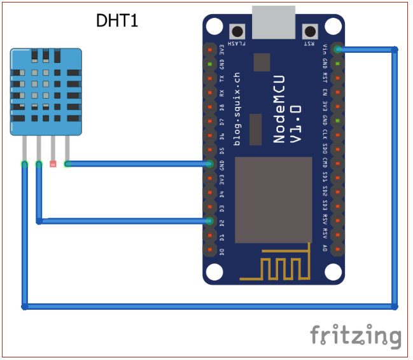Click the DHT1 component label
(x=117, y=21)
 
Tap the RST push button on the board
(x=311, y=31)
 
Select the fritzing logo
(x=356, y=335)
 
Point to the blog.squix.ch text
(x=237, y=109)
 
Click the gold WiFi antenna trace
(x=274, y=268)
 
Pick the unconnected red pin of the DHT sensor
(x=53, y=164)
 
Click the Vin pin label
(x=325, y=50)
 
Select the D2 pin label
(x=221, y=223)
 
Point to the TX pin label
(x=221, y=78)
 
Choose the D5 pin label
(x=221, y=150)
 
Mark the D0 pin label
(x=221, y=251)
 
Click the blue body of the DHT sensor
(x=45, y=92)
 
